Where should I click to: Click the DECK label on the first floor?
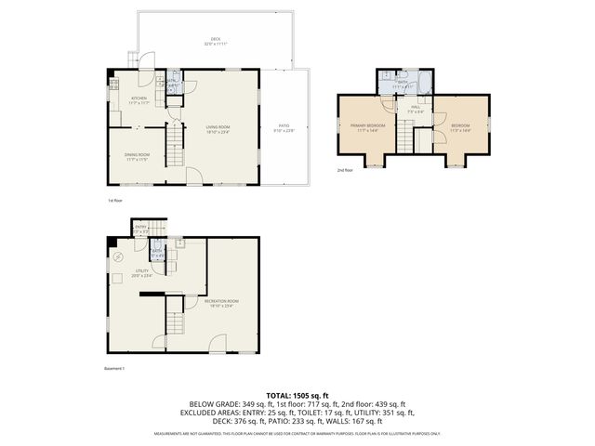(216, 40)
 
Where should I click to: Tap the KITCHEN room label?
(139, 100)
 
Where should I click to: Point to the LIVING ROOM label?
(218, 128)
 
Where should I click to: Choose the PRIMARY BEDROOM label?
(368, 126)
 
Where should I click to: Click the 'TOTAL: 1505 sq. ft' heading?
(297, 395)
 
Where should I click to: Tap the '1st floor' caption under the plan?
(115, 200)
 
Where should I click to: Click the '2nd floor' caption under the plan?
(347, 171)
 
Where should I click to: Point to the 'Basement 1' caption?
(114, 368)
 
